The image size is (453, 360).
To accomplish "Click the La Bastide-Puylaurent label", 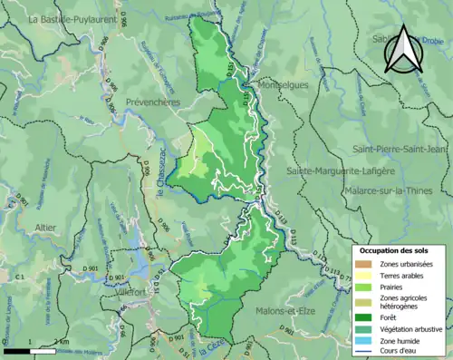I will coord(72,18).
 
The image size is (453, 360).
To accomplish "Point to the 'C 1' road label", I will coord(21,276).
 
